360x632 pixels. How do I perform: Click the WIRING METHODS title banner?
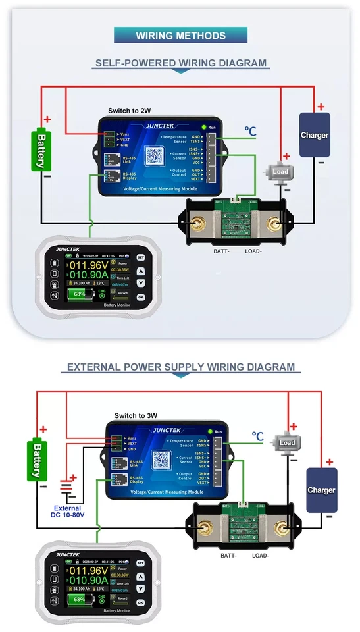click(180, 36)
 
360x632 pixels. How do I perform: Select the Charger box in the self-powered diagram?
click(315, 135)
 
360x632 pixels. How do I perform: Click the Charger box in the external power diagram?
click(322, 490)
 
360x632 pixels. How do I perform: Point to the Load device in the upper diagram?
click(280, 172)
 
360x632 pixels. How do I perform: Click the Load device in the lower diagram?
click(286, 442)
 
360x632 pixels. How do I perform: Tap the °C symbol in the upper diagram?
click(250, 132)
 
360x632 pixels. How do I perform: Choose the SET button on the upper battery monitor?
click(140, 257)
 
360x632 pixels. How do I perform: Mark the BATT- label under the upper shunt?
click(223, 251)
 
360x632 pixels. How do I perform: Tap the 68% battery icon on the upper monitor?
click(80, 294)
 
